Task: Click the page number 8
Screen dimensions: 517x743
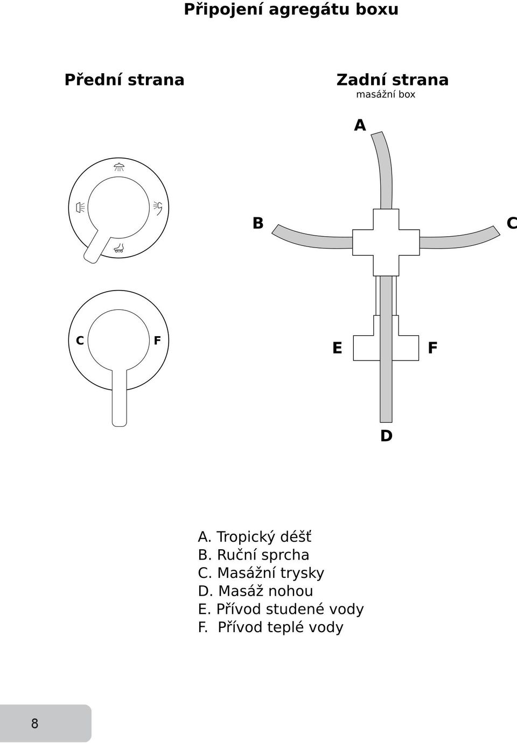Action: tap(34, 723)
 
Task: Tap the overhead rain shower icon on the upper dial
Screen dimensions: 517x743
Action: tap(118, 167)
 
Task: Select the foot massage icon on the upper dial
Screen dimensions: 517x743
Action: tap(118, 248)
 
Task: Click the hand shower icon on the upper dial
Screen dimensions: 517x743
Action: tap(158, 208)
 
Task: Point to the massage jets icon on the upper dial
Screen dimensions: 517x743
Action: tap(80, 207)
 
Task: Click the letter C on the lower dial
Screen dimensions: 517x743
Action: tap(80, 341)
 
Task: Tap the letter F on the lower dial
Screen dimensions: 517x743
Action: tap(157, 341)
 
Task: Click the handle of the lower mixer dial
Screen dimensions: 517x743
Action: tap(119, 398)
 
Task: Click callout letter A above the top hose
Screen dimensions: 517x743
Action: tap(360, 125)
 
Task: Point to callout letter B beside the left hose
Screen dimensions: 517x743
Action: tap(258, 223)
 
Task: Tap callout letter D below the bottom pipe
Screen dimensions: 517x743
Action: tap(386, 435)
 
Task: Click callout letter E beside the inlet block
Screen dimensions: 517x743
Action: tap(337, 348)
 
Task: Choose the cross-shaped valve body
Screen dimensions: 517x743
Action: tap(386, 243)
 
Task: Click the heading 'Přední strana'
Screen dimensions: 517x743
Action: tap(124, 80)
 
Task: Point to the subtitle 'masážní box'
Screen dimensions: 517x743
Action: tap(386, 95)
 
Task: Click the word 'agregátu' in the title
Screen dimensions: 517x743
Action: tap(308, 10)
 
